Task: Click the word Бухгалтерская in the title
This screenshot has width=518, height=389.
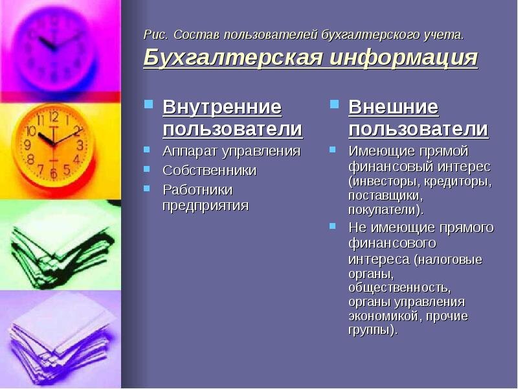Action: (232, 58)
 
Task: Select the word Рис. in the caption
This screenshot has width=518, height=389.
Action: (155, 35)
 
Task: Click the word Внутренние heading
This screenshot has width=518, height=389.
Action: (222, 107)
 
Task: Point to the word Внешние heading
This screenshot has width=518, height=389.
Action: (394, 107)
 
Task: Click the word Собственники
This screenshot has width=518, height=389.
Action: (209, 171)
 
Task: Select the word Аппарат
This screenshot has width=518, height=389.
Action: (190, 152)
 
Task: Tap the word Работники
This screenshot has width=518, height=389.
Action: (198, 190)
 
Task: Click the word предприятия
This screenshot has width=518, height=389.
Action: (205, 206)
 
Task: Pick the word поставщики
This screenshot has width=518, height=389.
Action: (385, 196)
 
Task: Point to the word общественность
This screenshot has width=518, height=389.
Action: (400, 287)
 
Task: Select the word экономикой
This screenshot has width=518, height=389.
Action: (385, 316)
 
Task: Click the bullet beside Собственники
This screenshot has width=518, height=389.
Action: (147, 169)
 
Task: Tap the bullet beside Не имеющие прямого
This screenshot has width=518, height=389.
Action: (333, 226)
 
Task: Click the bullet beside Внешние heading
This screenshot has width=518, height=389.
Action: (334, 104)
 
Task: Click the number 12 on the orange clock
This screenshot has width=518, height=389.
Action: (54, 117)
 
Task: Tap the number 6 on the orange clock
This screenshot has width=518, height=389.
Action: (54, 173)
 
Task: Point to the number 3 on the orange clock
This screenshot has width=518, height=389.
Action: (80, 145)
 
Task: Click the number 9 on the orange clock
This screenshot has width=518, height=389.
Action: (28, 145)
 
